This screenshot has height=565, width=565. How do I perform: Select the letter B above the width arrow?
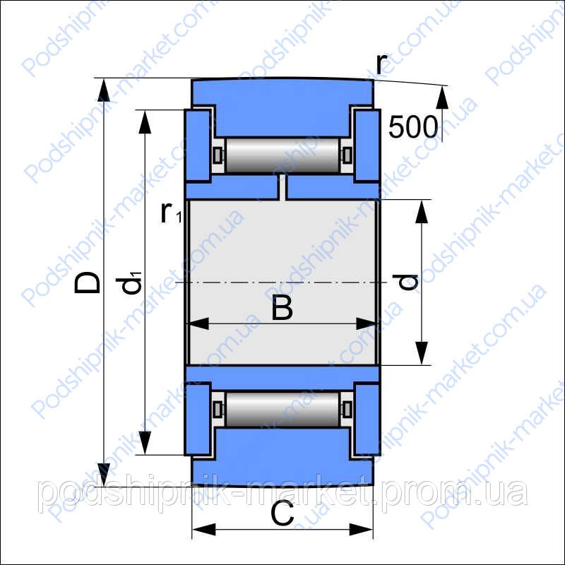[x=282, y=307]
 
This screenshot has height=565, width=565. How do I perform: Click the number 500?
[x=413, y=127]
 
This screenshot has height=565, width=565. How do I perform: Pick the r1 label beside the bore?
[x=170, y=213]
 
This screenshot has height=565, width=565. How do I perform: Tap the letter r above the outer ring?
[x=381, y=64]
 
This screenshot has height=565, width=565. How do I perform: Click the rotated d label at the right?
[x=405, y=282]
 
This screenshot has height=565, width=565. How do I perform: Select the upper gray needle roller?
[x=282, y=155]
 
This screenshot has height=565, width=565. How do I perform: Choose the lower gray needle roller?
[x=282, y=410]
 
